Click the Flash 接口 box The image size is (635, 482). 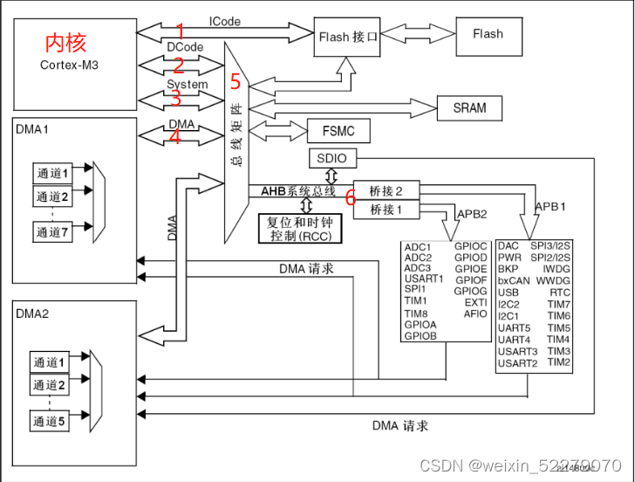(347, 37)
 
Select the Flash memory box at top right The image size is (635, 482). (488, 35)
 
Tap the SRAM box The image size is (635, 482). (470, 108)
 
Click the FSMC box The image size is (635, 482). (338, 132)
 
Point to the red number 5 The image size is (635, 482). (235, 81)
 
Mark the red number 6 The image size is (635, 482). (350, 197)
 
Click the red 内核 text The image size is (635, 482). (65, 42)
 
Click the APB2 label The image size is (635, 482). (471, 215)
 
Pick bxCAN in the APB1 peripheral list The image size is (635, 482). (514, 282)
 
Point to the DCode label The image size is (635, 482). (185, 46)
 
